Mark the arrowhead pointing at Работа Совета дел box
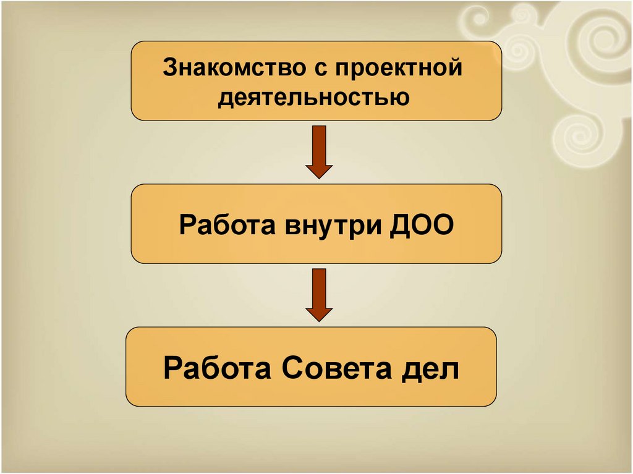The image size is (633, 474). click(x=319, y=313)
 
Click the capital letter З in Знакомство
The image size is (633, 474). click(x=170, y=67)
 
